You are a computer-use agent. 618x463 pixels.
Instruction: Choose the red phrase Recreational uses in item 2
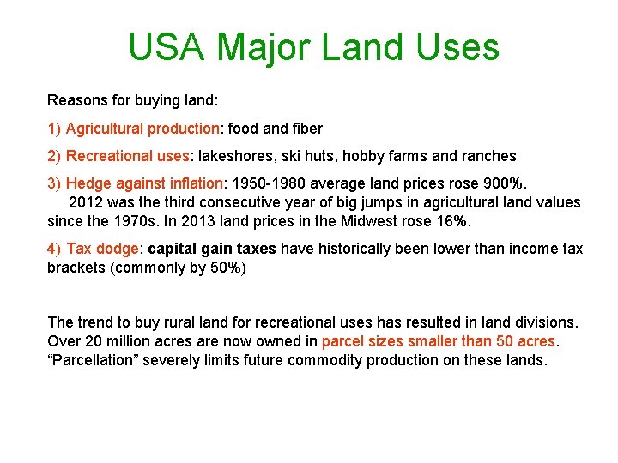127,156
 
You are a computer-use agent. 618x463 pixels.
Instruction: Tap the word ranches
487,156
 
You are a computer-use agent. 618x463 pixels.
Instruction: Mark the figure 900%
506,183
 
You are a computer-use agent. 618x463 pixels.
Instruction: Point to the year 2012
86,202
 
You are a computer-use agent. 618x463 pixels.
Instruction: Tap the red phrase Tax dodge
102,249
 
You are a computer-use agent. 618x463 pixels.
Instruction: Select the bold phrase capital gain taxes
212,249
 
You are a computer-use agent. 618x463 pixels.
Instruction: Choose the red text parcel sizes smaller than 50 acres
439,341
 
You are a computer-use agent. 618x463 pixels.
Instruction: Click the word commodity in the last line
325,360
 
